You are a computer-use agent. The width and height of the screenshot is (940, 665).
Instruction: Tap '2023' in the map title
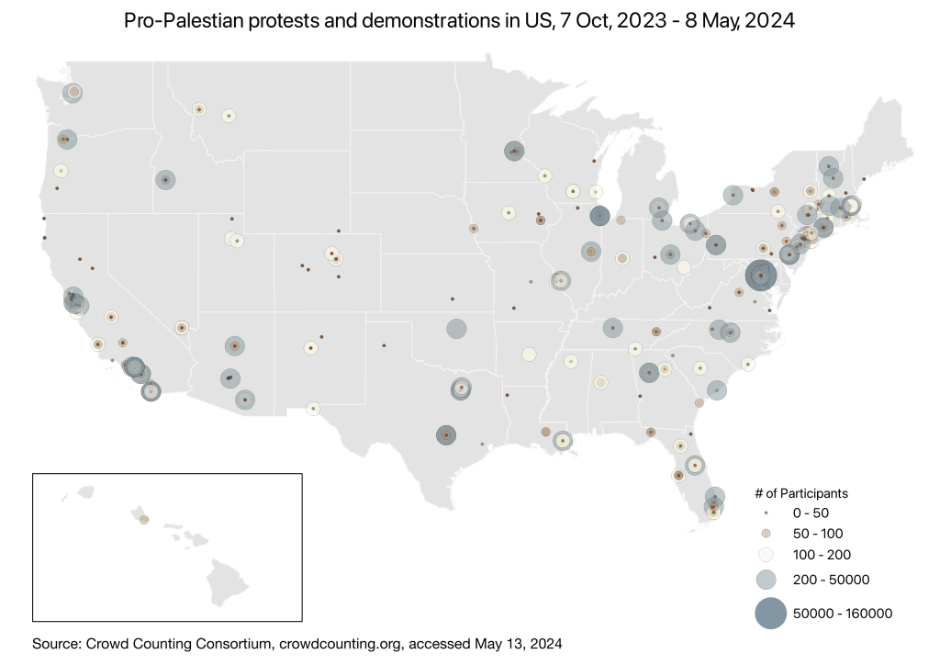pyautogui.click(x=642, y=21)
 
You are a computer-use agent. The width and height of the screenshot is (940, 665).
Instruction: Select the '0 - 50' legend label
pyautogui.click(x=811, y=513)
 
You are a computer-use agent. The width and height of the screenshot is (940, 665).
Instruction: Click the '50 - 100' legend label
pyautogui.click(x=818, y=534)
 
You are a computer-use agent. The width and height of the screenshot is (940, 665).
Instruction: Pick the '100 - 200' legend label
pyautogui.click(x=822, y=555)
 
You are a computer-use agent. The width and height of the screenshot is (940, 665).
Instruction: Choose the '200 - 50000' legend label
pyautogui.click(x=831, y=580)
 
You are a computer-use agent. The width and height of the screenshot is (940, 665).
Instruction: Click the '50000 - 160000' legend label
pyautogui.click(x=843, y=614)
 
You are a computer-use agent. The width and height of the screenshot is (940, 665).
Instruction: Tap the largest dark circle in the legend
pyautogui.click(x=770, y=613)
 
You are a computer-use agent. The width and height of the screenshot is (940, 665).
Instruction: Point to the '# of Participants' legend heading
pyautogui.click(x=800, y=493)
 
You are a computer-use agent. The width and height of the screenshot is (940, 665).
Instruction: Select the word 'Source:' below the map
pyautogui.click(x=57, y=644)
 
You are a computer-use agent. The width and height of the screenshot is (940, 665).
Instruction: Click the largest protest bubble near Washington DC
pyautogui.click(x=761, y=276)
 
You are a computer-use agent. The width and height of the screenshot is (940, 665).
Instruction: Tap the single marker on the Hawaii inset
pyautogui.click(x=144, y=520)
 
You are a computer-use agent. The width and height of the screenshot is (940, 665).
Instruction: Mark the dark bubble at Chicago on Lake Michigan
pyautogui.click(x=599, y=216)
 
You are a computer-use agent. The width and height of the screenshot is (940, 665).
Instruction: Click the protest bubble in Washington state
pyautogui.click(x=73, y=93)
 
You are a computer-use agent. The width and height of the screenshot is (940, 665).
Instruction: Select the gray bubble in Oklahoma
pyautogui.click(x=457, y=329)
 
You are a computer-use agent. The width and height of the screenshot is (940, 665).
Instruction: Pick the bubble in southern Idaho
pyautogui.click(x=165, y=179)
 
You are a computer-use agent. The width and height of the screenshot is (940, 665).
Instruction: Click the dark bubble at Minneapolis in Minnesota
pyautogui.click(x=514, y=152)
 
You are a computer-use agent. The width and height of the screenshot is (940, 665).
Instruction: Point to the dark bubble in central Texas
pyautogui.click(x=446, y=435)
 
